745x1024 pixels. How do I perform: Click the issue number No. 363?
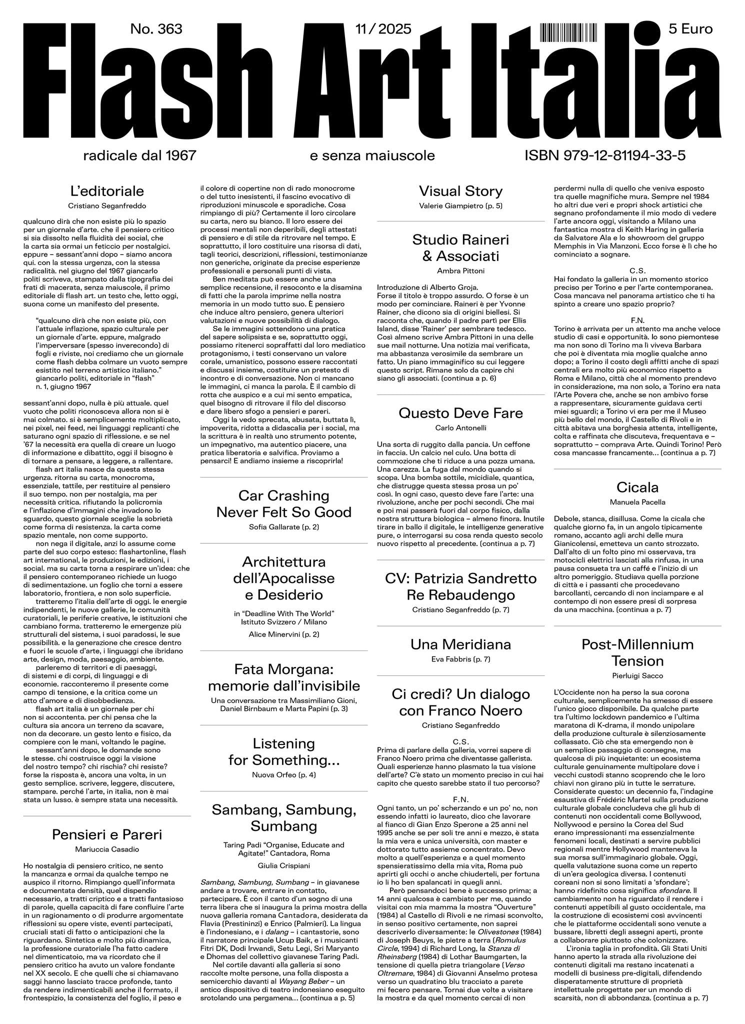point(156,29)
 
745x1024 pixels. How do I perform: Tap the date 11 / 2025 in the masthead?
point(383,29)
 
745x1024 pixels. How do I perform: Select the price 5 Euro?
point(690,29)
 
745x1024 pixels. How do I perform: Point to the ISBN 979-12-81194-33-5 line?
point(605,155)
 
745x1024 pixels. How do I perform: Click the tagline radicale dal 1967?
point(140,155)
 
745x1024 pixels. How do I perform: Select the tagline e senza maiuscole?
point(372,155)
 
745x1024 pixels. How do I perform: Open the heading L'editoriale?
point(107,191)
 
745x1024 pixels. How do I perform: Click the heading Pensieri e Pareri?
point(107,834)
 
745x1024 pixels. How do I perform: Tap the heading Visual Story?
point(460,191)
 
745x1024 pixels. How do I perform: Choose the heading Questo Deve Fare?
point(460,413)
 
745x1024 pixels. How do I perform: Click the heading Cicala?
point(637,487)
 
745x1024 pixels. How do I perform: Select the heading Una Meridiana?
point(460,644)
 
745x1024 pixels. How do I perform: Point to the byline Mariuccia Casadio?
point(107,849)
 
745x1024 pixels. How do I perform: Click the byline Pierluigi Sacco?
point(637,676)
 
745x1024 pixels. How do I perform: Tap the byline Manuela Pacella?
point(637,502)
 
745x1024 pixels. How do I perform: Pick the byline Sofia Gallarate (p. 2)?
point(283,527)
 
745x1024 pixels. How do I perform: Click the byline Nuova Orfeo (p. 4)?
point(283,775)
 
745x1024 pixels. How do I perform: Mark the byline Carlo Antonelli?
point(460,428)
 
